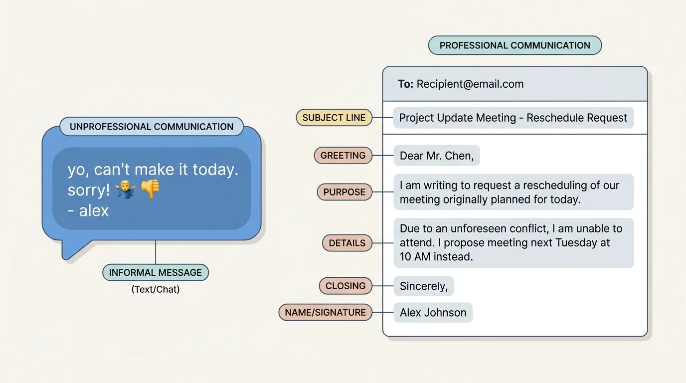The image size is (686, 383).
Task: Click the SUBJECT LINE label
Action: [334, 118]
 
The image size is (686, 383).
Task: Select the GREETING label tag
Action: [343, 156]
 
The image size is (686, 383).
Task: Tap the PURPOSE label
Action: [344, 192]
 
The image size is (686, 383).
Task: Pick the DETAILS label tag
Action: [347, 243]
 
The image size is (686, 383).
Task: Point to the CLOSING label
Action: [345, 286]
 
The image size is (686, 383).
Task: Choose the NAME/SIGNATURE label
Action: [326, 313]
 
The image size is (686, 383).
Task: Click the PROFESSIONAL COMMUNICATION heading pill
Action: [514, 45]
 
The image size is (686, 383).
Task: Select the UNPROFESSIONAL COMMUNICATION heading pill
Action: [152, 127]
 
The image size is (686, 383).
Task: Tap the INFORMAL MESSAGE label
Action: [156, 273]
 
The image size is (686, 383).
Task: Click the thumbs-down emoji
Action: [150, 189]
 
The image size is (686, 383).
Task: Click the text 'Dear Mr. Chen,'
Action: [436, 156]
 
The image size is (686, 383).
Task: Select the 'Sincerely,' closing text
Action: [424, 286]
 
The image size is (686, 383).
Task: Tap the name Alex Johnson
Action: [433, 313]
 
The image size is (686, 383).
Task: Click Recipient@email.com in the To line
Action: [470, 84]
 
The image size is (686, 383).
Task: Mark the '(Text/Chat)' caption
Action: [156, 289]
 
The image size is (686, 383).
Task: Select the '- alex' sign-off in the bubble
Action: [88, 210]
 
